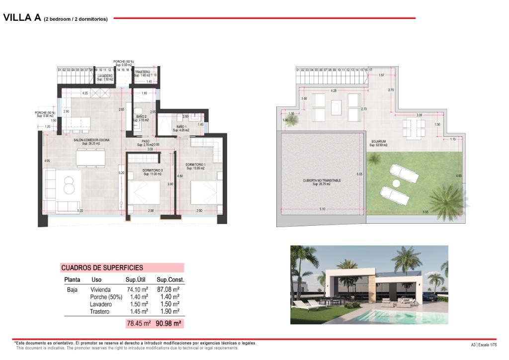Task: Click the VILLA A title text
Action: click(x=22, y=18)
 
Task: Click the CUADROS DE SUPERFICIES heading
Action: click(x=102, y=268)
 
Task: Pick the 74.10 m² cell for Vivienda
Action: click(x=138, y=289)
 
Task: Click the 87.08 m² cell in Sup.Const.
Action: click(x=168, y=289)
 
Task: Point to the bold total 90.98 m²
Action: click(x=168, y=324)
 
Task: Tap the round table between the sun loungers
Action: click(x=396, y=184)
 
